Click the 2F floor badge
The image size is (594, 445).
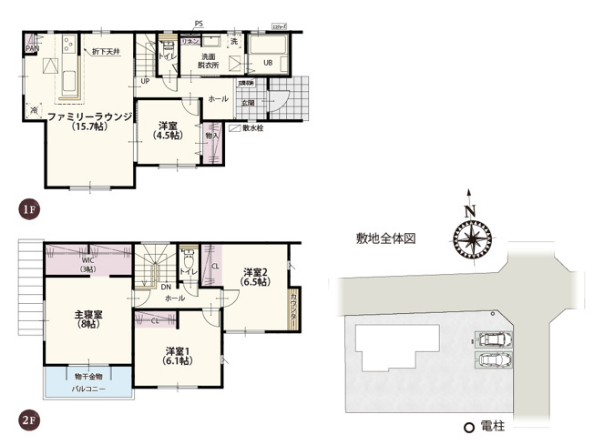point(28,420)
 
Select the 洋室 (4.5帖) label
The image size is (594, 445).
point(167,130)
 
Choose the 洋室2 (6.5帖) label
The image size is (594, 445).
point(255,277)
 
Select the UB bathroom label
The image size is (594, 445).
point(268,62)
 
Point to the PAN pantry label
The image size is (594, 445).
point(32,48)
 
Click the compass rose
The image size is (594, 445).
point(469,241)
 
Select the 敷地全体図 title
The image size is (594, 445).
point(386,238)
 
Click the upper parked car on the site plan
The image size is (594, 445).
point(495,340)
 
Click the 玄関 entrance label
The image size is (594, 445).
point(248,103)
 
